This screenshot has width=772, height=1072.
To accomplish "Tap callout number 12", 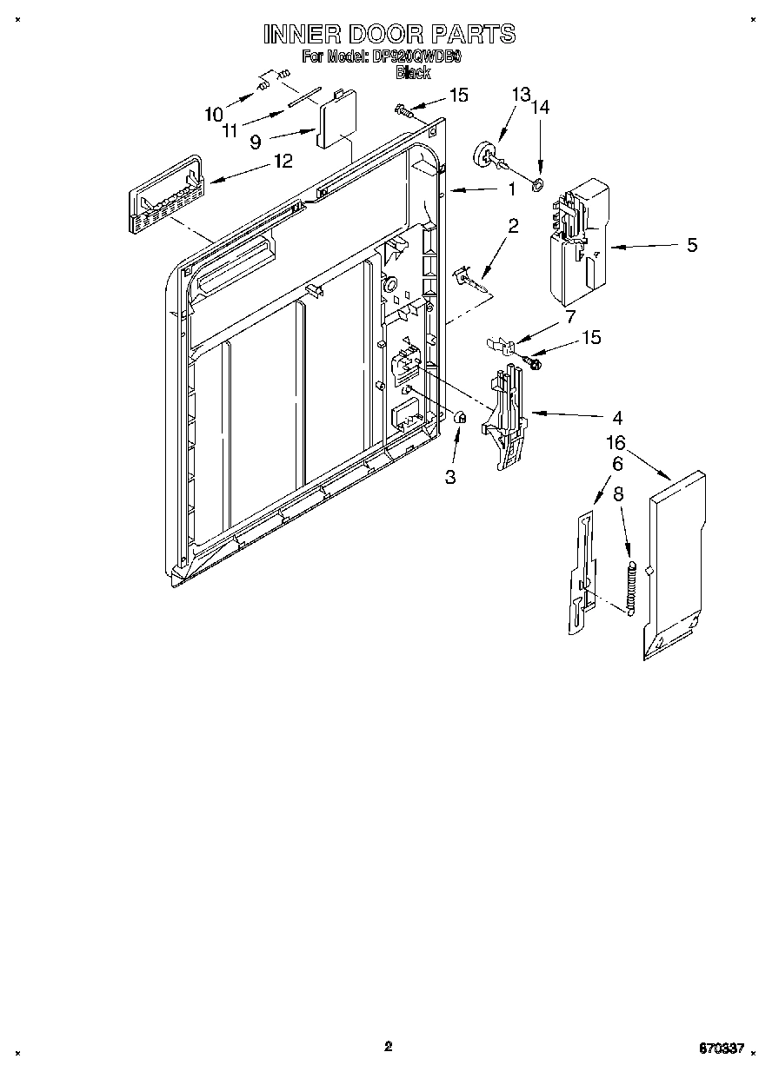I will [283, 161].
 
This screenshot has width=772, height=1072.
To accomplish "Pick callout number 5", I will [692, 245].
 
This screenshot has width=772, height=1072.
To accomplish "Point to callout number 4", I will [616, 415].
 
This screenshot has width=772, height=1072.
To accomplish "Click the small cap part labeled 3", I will [461, 418].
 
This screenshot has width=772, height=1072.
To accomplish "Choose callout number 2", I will [513, 227].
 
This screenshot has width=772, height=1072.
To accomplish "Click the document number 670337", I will [720, 1049].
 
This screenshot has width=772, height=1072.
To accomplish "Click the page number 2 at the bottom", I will [388, 1046].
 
